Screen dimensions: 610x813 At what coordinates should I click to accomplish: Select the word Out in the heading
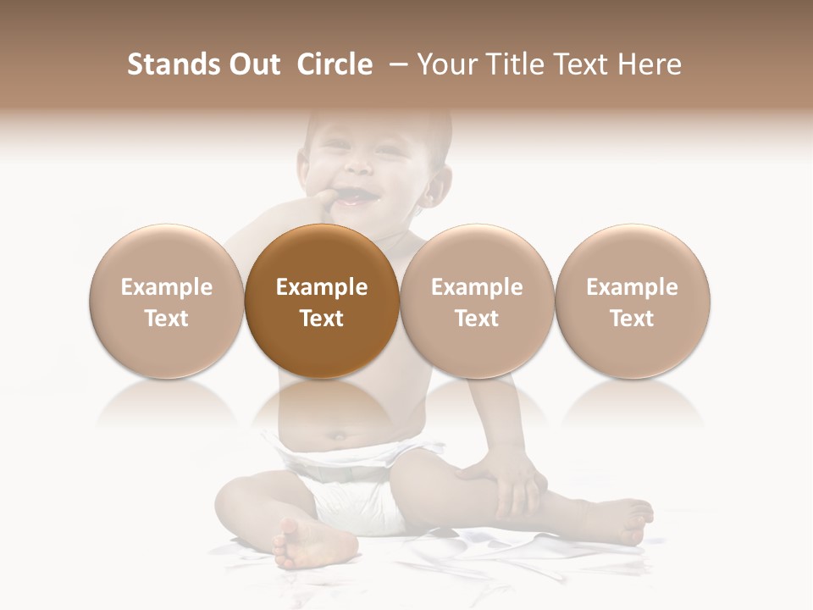pyautogui.click(x=252, y=64)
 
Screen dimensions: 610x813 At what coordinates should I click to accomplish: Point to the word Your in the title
pyautogui.click(x=444, y=64)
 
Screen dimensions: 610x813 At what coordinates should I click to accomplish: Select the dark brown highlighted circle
pyautogui.click(x=322, y=302)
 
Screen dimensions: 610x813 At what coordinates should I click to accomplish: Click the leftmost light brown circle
pyautogui.click(x=166, y=302)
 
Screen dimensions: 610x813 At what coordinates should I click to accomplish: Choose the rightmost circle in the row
pyautogui.click(x=632, y=302)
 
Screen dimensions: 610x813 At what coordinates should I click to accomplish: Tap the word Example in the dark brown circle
pyautogui.click(x=322, y=287)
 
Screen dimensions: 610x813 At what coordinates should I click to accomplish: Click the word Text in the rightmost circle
pyautogui.click(x=632, y=319)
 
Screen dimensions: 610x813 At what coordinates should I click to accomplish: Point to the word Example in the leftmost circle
pyautogui.click(x=166, y=287)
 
